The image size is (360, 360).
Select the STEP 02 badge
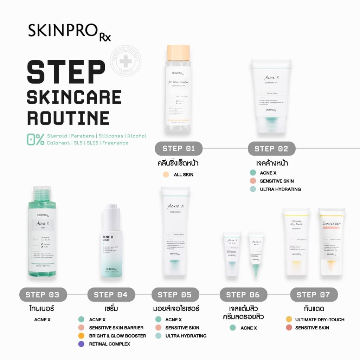tap(271, 149)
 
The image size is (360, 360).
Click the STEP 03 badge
tap(42, 295)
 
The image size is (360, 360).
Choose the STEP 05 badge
tap(175, 295)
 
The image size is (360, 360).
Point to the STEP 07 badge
tap(314, 295)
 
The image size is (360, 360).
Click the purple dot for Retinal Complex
tap(81, 344)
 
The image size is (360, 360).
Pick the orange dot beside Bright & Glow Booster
tap(81, 336)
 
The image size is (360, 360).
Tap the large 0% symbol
tap(35, 140)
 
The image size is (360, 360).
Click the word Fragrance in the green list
tap(115, 143)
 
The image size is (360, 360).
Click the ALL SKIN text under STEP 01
tap(184, 175)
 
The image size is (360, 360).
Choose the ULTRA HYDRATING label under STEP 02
tap(280, 189)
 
